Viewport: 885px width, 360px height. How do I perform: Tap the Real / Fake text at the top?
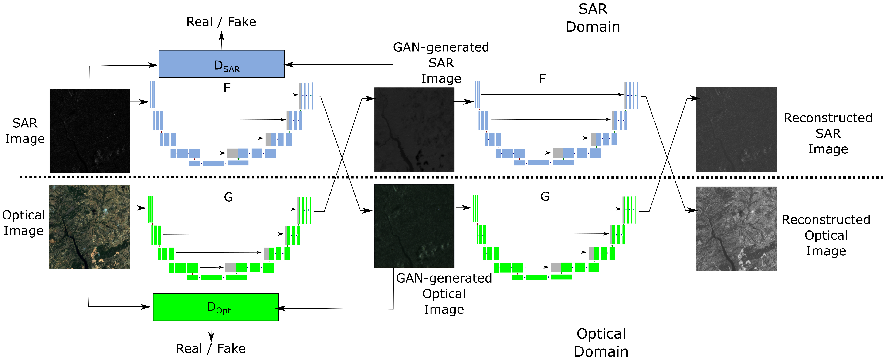[x=221, y=22]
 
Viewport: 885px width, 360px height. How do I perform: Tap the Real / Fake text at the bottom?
[x=211, y=348]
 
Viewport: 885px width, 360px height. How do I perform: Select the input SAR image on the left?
[x=90, y=131]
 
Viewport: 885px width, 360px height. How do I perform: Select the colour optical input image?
[x=89, y=227]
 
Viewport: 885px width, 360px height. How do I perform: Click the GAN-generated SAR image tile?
[x=414, y=130]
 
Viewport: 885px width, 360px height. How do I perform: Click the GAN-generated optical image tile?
[x=414, y=226]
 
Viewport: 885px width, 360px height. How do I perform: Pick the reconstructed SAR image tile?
[x=736, y=130]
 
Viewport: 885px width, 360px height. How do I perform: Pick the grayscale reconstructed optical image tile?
[x=736, y=229]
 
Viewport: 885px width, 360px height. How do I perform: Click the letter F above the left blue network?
[x=227, y=88]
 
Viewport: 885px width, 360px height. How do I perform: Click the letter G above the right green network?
[x=545, y=196]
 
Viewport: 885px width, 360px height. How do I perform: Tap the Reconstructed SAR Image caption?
[x=828, y=133]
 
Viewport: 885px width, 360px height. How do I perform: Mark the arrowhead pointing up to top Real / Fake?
[x=222, y=35]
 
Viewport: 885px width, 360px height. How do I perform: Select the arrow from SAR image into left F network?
[x=139, y=102]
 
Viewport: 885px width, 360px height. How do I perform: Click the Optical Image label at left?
[x=23, y=223]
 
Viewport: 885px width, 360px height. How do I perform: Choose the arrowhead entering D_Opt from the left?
[x=146, y=306]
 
